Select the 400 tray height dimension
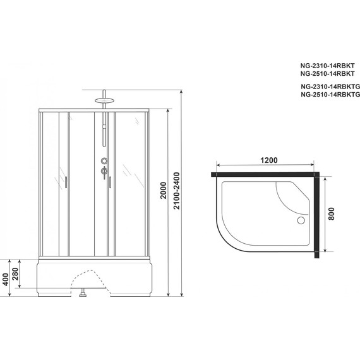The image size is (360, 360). pos(6,278)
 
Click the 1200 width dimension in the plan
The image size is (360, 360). pos(268,160)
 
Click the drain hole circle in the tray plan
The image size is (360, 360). pos(301,220)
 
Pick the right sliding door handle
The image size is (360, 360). pos(109,182)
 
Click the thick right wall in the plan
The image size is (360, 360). pos(315,215)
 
